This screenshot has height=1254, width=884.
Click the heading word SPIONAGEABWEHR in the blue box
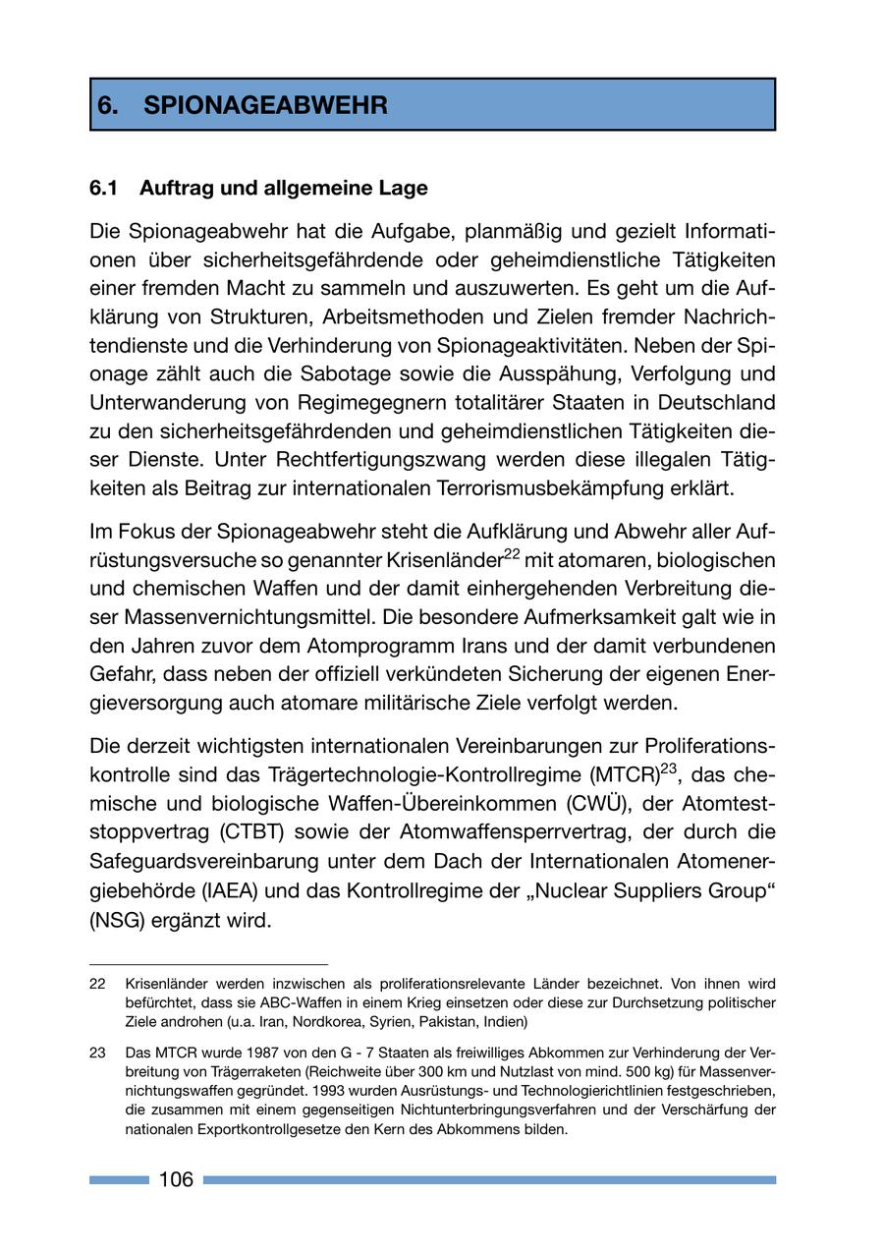265,106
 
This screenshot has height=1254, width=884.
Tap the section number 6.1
104,187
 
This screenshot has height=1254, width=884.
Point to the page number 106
176,1179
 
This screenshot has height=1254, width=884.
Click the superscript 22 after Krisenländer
511,554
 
